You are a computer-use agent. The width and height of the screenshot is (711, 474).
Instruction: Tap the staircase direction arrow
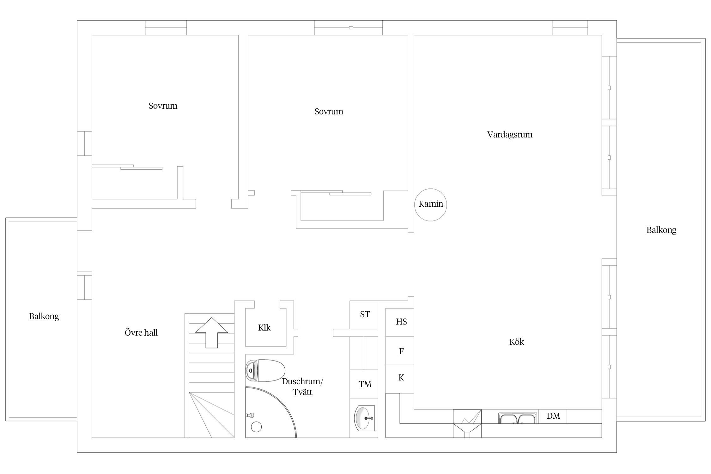click(212, 333)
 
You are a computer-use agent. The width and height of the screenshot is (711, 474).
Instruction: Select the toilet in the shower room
click(265, 370)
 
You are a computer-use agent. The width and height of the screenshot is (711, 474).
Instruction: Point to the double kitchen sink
click(518, 418)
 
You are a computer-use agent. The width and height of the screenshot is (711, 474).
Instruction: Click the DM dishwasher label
click(553, 416)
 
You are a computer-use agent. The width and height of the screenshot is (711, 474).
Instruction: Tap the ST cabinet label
click(365, 314)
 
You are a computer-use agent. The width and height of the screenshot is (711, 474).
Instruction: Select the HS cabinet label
click(401, 322)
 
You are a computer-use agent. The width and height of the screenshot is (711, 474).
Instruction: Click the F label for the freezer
click(401, 351)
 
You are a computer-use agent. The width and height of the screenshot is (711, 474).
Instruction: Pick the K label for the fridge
click(401, 378)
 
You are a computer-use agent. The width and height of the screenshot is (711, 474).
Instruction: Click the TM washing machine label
click(365, 384)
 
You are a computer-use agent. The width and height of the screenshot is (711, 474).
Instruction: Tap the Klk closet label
click(264, 327)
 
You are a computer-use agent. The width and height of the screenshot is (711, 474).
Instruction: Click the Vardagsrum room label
click(510, 135)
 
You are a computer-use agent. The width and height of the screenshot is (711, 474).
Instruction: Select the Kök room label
click(517, 342)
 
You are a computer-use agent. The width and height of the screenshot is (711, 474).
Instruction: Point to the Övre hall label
click(141, 332)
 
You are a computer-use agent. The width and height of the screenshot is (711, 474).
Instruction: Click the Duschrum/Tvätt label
click(302, 386)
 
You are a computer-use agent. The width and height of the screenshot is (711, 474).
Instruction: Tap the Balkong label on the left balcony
click(44, 316)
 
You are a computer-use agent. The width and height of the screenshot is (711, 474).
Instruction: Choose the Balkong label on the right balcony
click(661, 230)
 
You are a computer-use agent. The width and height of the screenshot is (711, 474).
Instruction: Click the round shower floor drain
click(256, 427)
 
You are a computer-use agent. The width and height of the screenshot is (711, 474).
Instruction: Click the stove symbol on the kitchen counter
click(467, 423)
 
